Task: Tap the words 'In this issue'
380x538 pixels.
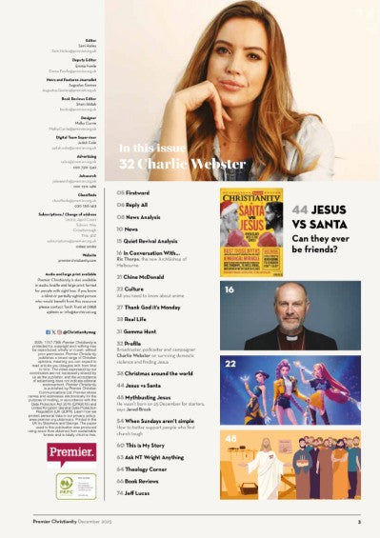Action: coord(147,149)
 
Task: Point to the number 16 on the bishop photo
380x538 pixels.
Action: coord(229,288)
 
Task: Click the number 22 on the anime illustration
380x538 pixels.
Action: coord(229,363)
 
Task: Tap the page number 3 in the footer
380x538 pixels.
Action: coord(358,522)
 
